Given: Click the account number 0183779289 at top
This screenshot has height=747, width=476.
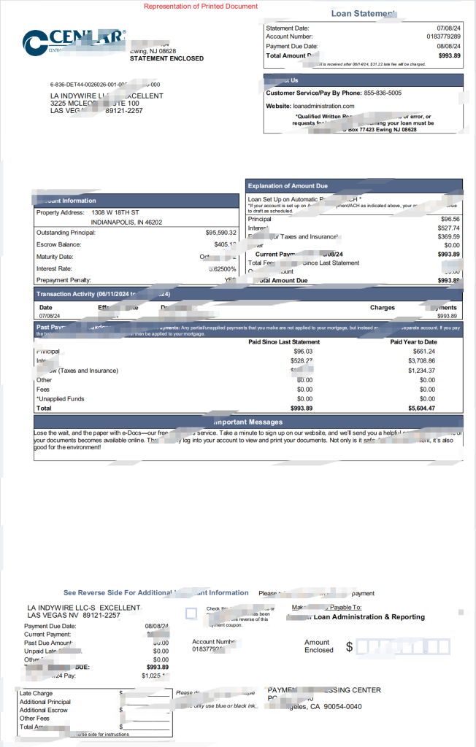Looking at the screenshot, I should tap(443, 36).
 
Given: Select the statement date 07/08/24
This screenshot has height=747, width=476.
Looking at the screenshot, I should tap(446, 28).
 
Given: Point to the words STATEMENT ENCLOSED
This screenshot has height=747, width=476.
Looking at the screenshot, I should tap(166, 58).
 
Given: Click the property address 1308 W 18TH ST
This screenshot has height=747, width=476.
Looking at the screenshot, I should tap(115, 212).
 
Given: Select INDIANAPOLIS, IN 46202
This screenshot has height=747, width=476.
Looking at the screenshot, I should tap(126, 222).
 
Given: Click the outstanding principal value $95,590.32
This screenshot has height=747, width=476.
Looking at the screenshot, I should tap(220, 233).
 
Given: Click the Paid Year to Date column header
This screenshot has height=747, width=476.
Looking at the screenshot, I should tap(413, 341).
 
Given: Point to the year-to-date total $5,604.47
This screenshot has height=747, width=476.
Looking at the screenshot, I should tap(421, 409).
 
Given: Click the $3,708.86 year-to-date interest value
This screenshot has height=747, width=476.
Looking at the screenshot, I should tap(422, 360).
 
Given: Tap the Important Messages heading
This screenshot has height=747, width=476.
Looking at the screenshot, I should tap(247, 422).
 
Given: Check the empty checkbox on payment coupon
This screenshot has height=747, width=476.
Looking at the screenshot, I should tap(191, 614).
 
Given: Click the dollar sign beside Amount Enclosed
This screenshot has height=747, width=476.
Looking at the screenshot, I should tap(349, 646).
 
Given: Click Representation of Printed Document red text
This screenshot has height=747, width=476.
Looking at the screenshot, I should tap(200, 6).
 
